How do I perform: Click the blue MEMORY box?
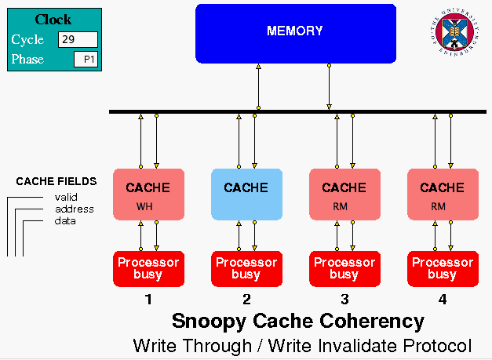[x=295, y=33]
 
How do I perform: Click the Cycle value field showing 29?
[x=78, y=39]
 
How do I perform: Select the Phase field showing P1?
[x=86, y=60]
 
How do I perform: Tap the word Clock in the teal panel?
[x=53, y=20]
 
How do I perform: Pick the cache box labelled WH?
[x=148, y=194]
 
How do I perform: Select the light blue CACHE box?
[x=246, y=194]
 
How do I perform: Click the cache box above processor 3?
[x=344, y=194]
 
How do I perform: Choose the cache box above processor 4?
[x=443, y=194]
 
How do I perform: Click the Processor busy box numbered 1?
[x=148, y=268]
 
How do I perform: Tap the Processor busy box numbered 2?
[x=246, y=268]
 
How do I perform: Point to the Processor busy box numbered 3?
[x=344, y=268]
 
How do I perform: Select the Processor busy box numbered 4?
[x=443, y=268]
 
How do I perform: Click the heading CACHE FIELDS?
[x=56, y=181]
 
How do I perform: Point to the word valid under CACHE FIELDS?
[x=66, y=197]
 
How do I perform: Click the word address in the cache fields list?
[x=75, y=209]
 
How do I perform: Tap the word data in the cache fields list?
[x=65, y=220]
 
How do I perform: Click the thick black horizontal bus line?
[x=298, y=112]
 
